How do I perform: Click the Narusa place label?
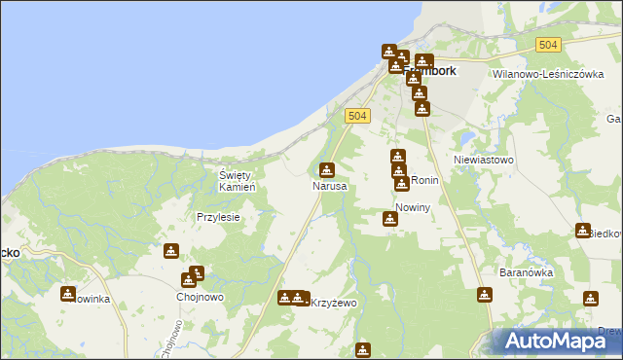tap(329, 185)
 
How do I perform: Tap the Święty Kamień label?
tap(236, 180)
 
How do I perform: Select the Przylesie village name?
tap(218, 218)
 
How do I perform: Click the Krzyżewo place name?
tap(334, 303)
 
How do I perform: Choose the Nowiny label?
tap(413, 207)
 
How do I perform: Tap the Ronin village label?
tap(425, 181)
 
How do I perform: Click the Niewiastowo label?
tap(484, 159)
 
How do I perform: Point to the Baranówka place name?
tap(526, 273)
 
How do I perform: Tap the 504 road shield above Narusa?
tap(357, 116)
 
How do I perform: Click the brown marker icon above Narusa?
tap(328, 169)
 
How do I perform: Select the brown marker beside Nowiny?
tap(390, 219)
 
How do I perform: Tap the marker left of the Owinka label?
tap(68, 293)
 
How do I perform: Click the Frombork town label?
tap(428, 70)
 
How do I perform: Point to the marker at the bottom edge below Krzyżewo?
tap(363, 349)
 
